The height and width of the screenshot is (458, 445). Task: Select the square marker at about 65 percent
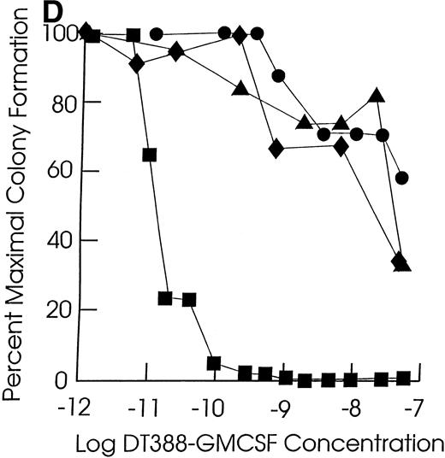click(x=150, y=156)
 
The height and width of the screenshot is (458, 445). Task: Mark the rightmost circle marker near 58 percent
click(x=401, y=178)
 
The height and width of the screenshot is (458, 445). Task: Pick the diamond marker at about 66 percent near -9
click(x=276, y=149)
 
